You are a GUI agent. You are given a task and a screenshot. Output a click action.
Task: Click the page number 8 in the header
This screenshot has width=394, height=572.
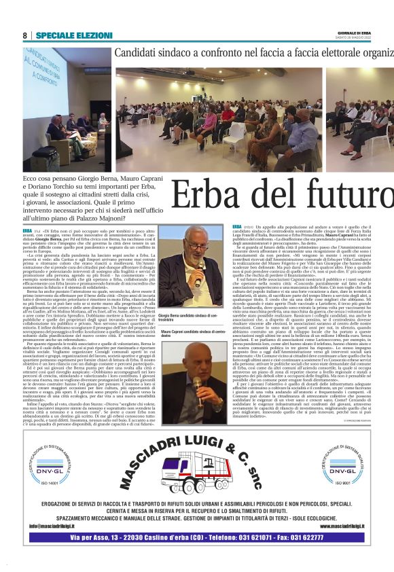[x=25, y=35]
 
